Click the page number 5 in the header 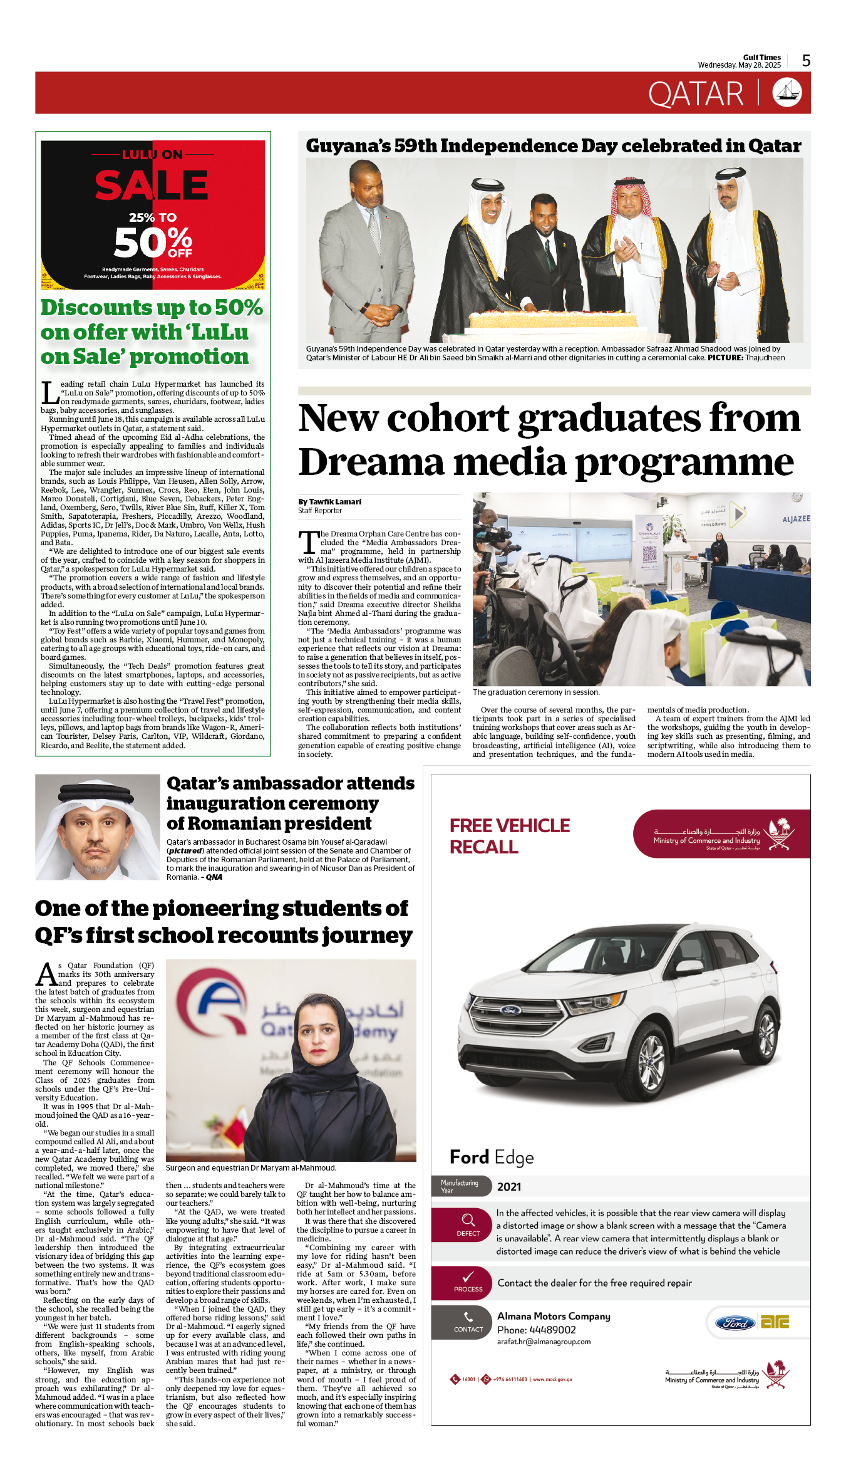coord(806,61)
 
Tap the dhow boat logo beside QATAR coord(787,93)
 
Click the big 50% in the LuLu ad coord(153,243)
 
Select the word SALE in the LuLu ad coord(152,185)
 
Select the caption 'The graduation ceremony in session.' coord(536,692)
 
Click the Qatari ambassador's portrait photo coord(98,828)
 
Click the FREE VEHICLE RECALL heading coord(509,836)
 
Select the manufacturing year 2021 coord(509,1187)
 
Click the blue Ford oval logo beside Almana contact coord(735,1323)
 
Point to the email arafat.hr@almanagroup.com coord(544,1342)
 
